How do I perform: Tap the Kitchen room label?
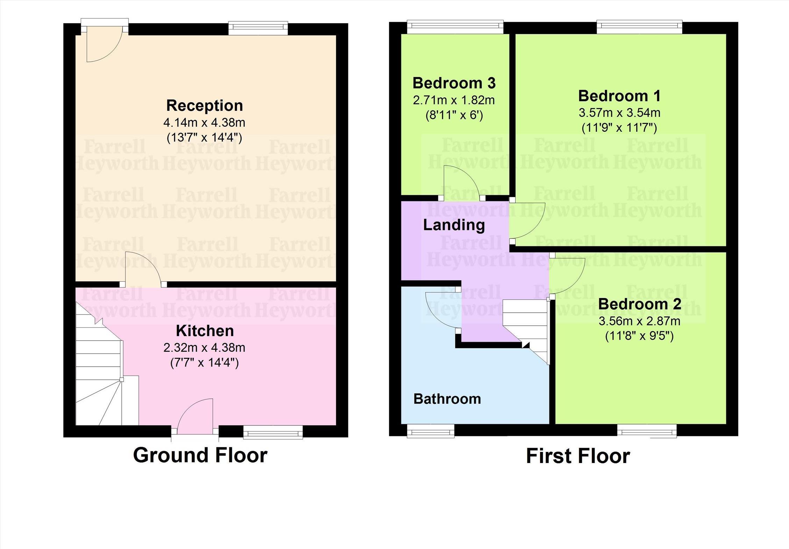205,331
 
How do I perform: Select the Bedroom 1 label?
619,96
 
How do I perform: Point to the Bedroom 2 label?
640,304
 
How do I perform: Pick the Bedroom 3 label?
454,83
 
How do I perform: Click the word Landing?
454,225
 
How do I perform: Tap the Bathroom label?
447,399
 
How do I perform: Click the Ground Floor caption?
200,455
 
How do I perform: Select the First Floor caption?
578,456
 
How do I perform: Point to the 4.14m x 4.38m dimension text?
204,123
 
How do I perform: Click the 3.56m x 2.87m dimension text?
640,321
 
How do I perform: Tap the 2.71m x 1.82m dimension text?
454,100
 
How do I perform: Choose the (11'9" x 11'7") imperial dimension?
619,128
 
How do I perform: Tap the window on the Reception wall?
258,29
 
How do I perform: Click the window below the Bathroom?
431,431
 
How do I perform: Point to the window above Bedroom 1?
639,28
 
